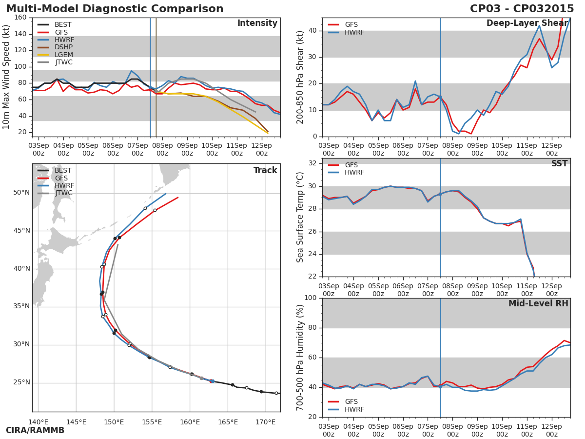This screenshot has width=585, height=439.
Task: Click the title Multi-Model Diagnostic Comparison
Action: [x=115, y=9]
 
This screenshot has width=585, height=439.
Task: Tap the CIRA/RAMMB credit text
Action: [x=35, y=431]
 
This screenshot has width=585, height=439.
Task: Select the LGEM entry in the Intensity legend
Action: [x=63, y=55]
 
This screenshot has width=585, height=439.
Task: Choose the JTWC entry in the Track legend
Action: [x=63, y=193]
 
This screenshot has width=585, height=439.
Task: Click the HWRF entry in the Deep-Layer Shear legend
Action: [x=354, y=32]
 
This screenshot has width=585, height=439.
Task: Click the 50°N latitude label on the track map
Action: [x=21, y=193]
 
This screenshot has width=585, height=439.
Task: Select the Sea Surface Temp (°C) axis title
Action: [x=300, y=218]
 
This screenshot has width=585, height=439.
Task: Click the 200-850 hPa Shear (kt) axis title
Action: [x=300, y=77]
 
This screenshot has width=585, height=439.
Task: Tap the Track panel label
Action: [x=265, y=171]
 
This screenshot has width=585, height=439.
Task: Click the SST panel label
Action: [x=559, y=164]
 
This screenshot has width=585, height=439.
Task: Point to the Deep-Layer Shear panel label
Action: [x=527, y=23]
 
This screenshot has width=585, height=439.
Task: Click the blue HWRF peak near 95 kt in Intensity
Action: [x=131, y=71]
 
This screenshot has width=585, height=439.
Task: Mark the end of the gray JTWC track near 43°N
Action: [x=117, y=244]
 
